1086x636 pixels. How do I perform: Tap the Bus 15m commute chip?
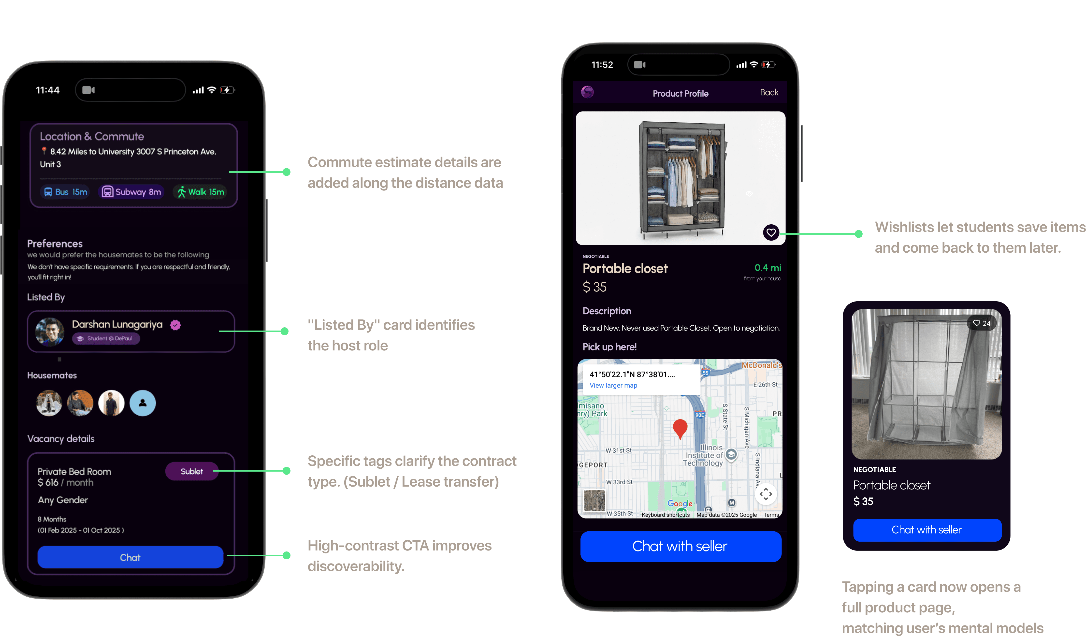(x=66, y=192)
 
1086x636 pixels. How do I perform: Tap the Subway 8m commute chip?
(x=131, y=192)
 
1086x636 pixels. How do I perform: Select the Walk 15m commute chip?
(x=201, y=192)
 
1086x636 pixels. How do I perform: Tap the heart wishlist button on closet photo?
(x=771, y=233)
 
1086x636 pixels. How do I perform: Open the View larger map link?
(x=613, y=386)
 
